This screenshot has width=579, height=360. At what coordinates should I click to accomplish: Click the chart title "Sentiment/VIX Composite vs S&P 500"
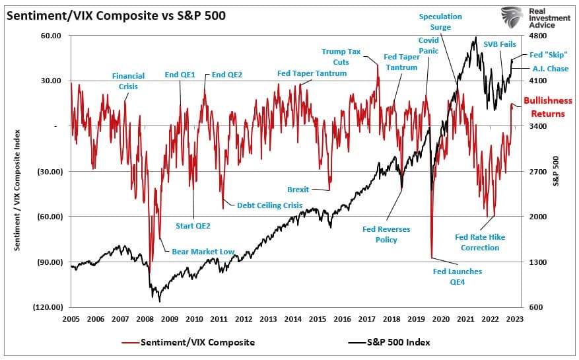coord(116,15)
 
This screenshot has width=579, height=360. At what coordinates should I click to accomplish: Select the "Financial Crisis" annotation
coord(128,81)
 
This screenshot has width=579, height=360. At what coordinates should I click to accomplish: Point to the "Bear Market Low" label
coord(203,252)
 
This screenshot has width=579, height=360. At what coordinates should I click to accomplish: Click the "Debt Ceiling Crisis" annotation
coord(269,205)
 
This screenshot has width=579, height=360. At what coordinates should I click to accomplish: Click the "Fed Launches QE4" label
coord(457,277)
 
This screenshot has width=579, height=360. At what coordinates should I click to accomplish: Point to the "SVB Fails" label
coord(500,44)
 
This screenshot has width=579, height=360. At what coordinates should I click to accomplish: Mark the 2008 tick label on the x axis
coord(145,318)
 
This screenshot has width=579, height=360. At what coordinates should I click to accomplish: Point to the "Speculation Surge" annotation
coord(440,22)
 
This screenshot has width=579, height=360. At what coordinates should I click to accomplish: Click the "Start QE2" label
coord(193,226)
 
